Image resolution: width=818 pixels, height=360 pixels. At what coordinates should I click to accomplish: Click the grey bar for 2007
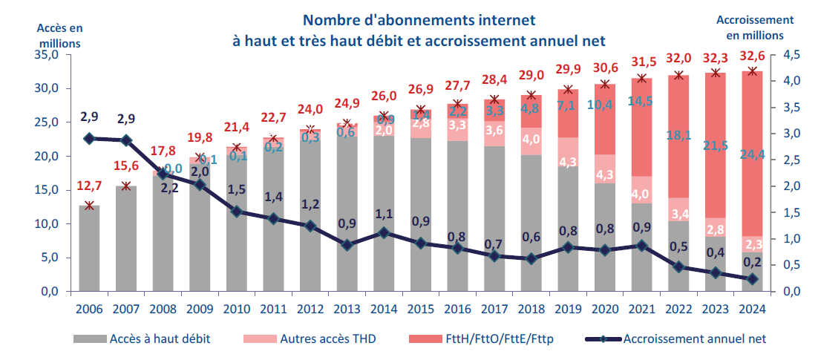pyautogui.click(x=126, y=238)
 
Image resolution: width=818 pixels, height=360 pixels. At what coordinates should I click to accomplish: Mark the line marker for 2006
pyautogui.click(x=90, y=139)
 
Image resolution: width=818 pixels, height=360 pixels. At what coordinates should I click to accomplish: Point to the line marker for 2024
pyautogui.click(x=753, y=279)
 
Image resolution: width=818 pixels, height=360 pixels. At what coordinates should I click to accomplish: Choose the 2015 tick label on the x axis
pyautogui.click(x=421, y=309)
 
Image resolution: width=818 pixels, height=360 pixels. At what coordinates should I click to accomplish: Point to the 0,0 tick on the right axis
pyautogui.click(x=785, y=292)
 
